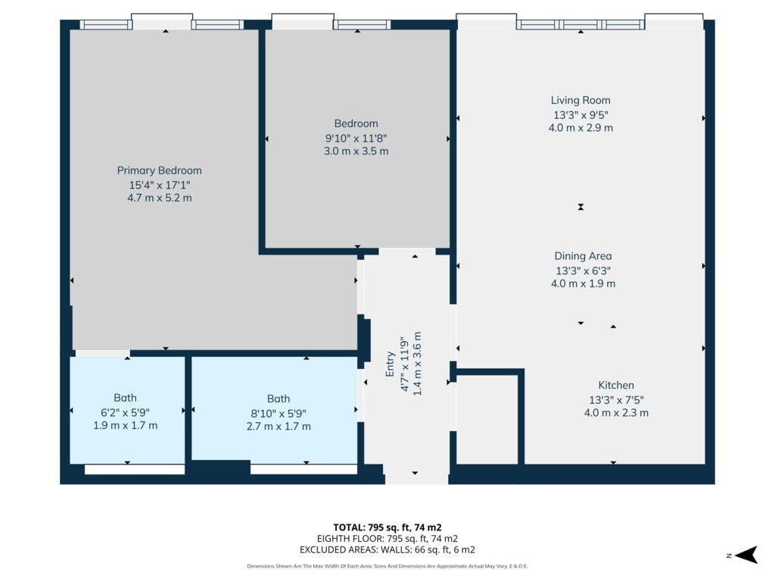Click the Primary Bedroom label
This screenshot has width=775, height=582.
(159, 171)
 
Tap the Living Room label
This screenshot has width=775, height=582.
(580, 101)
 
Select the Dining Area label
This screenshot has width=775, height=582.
(584, 256)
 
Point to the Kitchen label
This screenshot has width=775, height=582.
(616, 385)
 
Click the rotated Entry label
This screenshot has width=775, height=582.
(390, 365)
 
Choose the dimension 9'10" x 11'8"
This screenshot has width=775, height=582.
(356, 138)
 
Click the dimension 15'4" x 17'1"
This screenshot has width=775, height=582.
(160, 185)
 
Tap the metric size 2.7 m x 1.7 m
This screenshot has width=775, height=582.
(279, 426)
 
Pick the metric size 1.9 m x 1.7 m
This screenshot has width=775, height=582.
(126, 425)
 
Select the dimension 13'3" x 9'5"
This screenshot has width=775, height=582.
(580, 115)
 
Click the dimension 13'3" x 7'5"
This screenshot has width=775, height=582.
(616, 400)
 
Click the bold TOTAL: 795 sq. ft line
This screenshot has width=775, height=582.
(387, 527)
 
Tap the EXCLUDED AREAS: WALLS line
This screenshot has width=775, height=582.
(387, 550)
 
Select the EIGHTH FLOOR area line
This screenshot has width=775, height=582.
(387, 539)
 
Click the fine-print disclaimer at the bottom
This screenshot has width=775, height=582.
(387, 566)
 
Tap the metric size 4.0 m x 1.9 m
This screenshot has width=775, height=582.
(584, 283)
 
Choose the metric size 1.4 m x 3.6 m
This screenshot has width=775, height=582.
(417, 364)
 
